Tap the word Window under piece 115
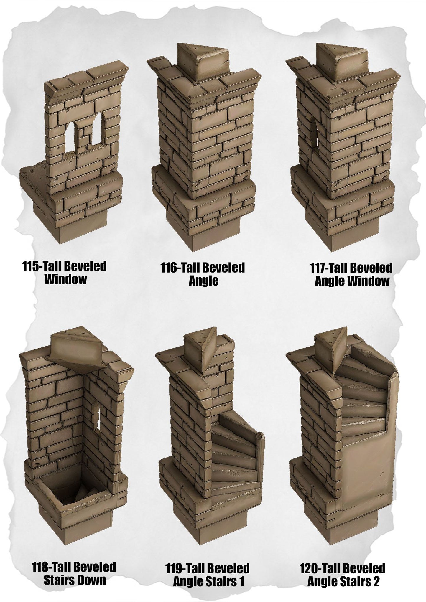pos(65,279)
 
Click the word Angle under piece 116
pos(203,281)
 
